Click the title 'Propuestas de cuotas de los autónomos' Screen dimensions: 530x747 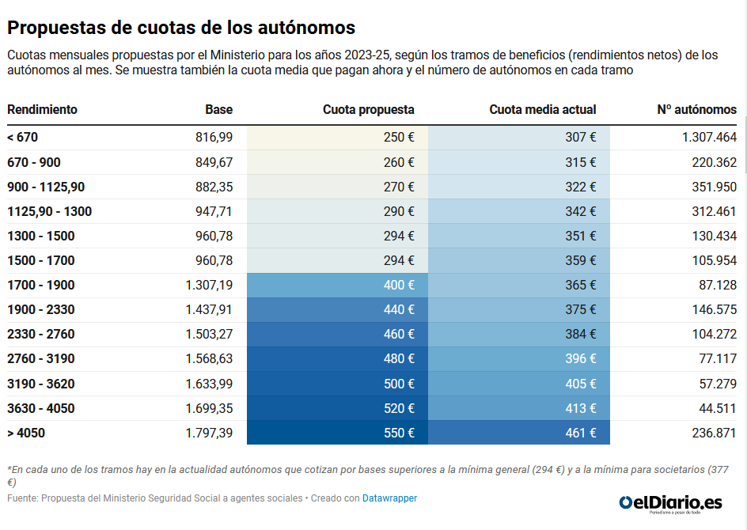pyautogui.click(x=181, y=28)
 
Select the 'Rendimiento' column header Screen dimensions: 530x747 pyautogui.click(x=42, y=110)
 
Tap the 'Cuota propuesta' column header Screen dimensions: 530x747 pyautogui.click(x=368, y=110)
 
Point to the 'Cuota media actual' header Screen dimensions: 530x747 pyautogui.click(x=542, y=110)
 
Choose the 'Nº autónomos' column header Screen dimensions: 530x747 pyautogui.click(x=696, y=110)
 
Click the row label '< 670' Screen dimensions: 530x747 pyautogui.click(x=22, y=138)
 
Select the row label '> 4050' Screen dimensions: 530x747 pyautogui.click(x=26, y=433)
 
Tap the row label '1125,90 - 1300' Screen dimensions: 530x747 pyautogui.click(x=49, y=211)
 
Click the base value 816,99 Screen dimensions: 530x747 pyautogui.click(x=214, y=138)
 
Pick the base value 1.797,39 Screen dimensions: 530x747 pyautogui.click(x=209, y=433)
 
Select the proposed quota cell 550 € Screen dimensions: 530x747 pyautogui.click(x=399, y=433)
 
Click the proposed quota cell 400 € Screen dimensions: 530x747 pyautogui.click(x=399, y=285)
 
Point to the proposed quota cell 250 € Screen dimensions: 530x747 pyautogui.click(x=399, y=138)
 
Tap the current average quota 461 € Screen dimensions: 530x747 pyautogui.click(x=581, y=433)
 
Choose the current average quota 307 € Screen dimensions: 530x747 pyautogui.click(x=581, y=138)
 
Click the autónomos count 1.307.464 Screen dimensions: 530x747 pyautogui.click(x=709, y=138)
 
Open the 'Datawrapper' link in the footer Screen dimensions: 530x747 pyautogui.click(x=389, y=498)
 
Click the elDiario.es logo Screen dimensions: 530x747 pyautogui.click(x=671, y=502)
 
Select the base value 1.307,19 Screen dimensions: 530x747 pyautogui.click(x=209, y=285)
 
